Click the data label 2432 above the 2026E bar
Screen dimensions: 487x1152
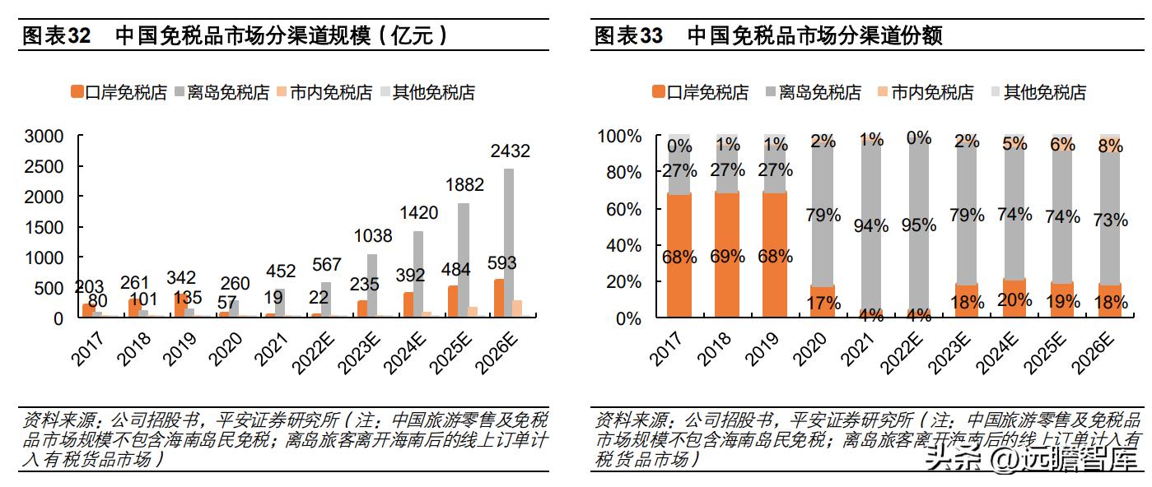coord(510,151)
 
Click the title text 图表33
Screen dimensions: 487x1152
coord(629,35)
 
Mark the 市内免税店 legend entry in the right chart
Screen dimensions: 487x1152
coord(926,93)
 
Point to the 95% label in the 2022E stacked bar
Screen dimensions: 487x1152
coord(919,225)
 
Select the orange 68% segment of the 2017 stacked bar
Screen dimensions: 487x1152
coord(679,256)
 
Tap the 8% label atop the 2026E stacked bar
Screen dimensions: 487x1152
coord(1110,146)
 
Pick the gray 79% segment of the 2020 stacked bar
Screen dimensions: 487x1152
coord(823,216)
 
